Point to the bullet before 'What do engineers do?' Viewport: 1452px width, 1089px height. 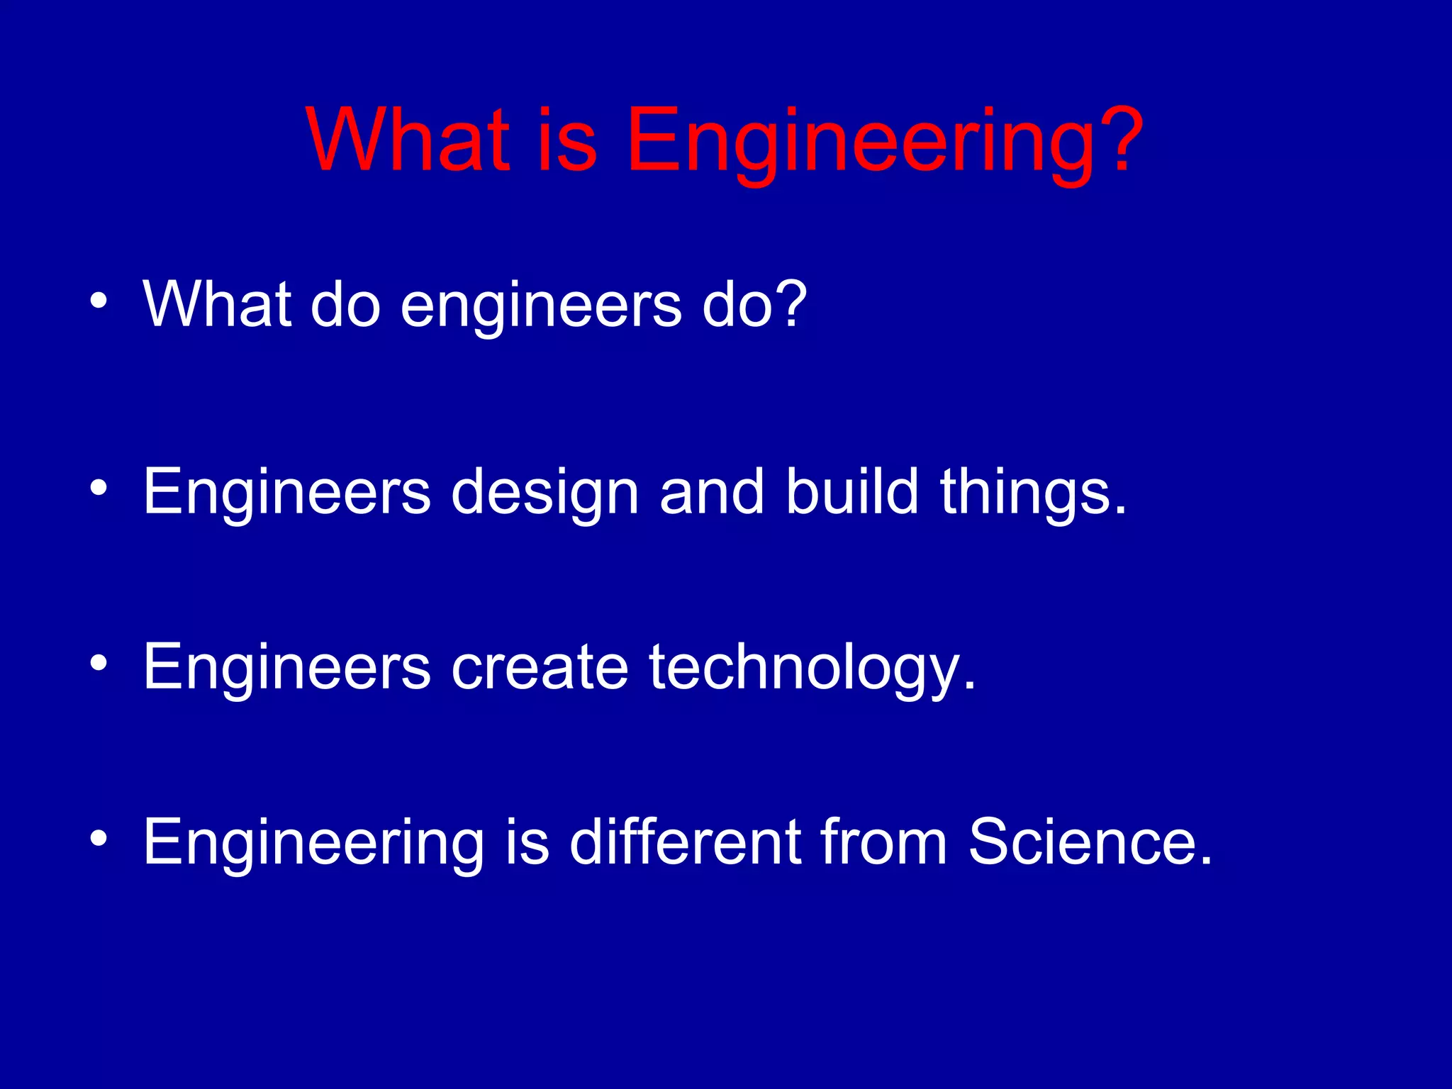coord(99,301)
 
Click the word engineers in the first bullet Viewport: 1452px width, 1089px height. coord(541,306)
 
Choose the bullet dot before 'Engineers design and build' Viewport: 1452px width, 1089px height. coord(99,488)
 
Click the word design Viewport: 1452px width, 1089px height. coord(545,493)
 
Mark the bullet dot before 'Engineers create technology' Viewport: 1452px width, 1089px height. coord(99,663)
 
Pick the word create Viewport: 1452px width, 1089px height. coord(540,667)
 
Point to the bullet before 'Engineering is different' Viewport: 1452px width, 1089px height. coord(99,839)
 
